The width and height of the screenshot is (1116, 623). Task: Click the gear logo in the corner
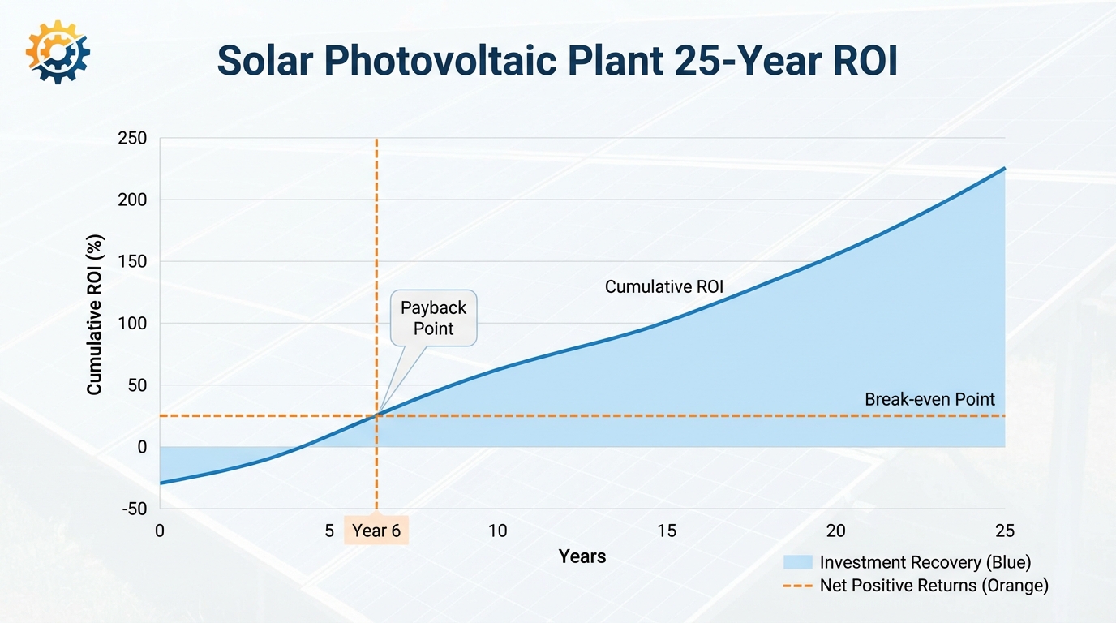pyautogui.click(x=58, y=52)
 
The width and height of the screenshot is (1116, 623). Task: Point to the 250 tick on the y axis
pyautogui.click(x=133, y=139)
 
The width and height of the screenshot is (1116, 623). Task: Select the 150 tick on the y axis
pyautogui.click(x=133, y=262)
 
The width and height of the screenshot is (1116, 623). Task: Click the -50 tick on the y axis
pyautogui.click(x=133, y=509)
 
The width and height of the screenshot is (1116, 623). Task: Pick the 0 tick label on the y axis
pyautogui.click(x=142, y=447)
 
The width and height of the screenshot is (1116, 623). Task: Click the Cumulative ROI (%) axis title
pyautogui.click(x=95, y=320)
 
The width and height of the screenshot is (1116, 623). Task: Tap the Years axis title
pyautogui.click(x=582, y=556)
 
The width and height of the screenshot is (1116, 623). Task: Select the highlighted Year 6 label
pyautogui.click(x=376, y=531)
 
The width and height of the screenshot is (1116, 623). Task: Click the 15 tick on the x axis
pyautogui.click(x=667, y=531)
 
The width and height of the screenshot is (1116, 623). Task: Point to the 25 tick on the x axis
pyautogui.click(x=1004, y=531)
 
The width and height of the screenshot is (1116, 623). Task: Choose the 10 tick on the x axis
pyautogui.click(x=497, y=531)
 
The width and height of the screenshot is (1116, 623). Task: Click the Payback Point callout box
pyautogui.click(x=434, y=318)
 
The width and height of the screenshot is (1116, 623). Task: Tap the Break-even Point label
pyautogui.click(x=929, y=399)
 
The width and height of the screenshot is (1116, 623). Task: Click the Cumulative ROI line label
pyautogui.click(x=664, y=286)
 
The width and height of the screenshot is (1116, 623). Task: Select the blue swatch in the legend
pyautogui.click(x=797, y=562)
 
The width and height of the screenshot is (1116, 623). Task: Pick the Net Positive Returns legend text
pyautogui.click(x=934, y=585)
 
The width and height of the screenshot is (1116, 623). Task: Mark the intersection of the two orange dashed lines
pyautogui.click(x=376, y=416)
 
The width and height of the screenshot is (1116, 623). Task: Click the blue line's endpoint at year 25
pyautogui.click(x=1005, y=168)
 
